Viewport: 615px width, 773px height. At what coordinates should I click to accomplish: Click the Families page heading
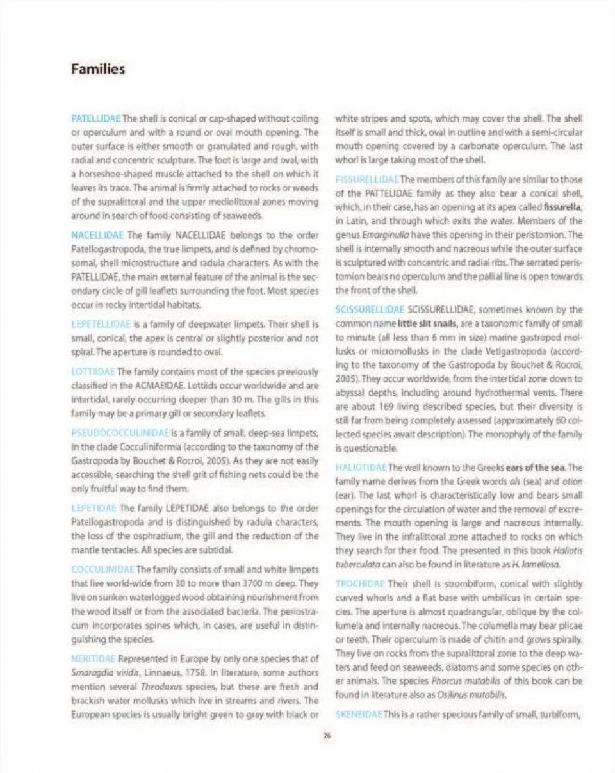(98, 69)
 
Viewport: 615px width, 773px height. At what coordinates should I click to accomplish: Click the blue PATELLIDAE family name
(94, 118)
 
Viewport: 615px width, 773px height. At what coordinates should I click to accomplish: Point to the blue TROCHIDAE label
(357, 583)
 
